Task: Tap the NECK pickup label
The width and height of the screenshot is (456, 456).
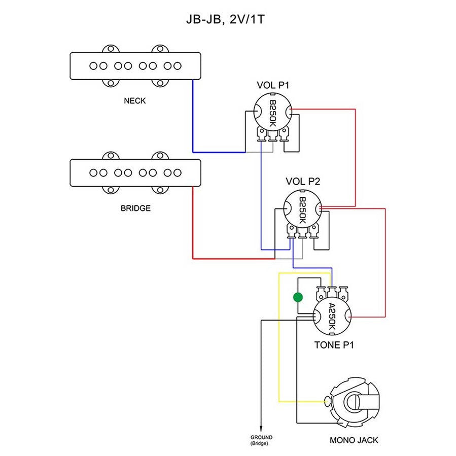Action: (135, 100)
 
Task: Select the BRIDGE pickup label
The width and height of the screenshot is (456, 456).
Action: (135, 208)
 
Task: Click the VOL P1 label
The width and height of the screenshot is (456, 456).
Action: (272, 85)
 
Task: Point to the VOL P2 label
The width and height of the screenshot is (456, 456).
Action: (303, 181)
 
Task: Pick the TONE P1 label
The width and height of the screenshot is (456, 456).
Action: (334, 345)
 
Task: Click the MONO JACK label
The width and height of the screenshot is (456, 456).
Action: (354, 440)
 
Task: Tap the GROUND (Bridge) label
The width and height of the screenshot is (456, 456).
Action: (261, 439)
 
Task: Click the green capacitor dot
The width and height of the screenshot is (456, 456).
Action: (298, 297)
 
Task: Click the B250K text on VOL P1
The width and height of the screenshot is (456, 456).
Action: (272, 113)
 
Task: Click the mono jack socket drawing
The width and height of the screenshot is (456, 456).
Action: (353, 403)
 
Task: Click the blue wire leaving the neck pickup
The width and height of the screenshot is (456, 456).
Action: (193, 117)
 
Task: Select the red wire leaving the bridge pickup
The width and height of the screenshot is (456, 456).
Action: (193, 223)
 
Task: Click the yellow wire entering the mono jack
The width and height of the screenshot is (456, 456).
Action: (304, 402)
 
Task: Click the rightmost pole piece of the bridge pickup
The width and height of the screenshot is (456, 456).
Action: (177, 173)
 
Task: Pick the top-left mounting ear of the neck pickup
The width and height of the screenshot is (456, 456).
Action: (110, 49)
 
